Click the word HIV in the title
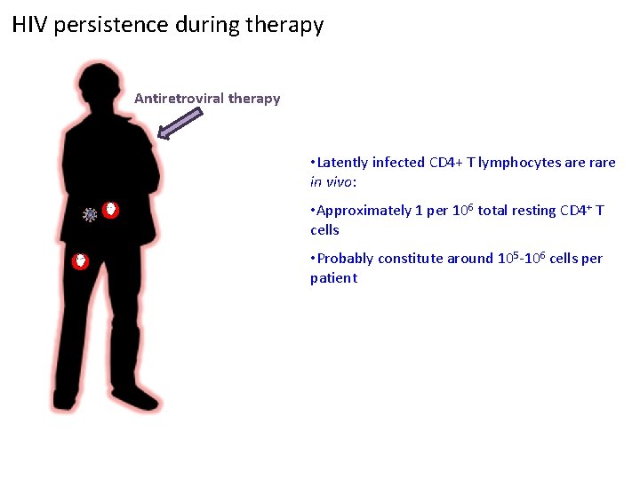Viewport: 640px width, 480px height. [x=30, y=25]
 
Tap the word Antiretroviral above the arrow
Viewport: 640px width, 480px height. [x=179, y=99]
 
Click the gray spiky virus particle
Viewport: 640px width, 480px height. [x=90, y=214]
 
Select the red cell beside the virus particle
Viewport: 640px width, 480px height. [x=110, y=211]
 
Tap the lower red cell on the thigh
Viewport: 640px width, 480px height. [x=81, y=261]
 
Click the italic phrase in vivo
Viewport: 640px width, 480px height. [x=330, y=182]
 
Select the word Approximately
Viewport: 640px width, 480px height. [x=363, y=211]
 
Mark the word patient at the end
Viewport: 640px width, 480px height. [x=333, y=278]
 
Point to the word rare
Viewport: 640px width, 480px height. [x=601, y=163]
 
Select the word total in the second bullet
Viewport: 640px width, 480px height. [x=494, y=211]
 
